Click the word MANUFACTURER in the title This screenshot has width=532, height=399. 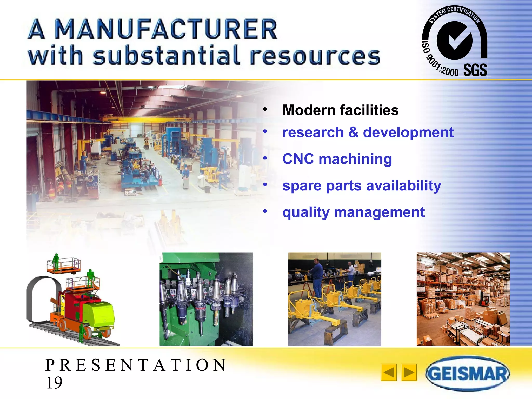pyautogui.click(x=166, y=29)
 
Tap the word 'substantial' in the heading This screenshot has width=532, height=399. pyautogui.click(x=166, y=56)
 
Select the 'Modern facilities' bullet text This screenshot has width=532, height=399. pyautogui.click(x=340, y=110)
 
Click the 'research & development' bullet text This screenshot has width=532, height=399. pyautogui.click(x=368, y=132)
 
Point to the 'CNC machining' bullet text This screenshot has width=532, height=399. pyautogui.click(x=337, y=159)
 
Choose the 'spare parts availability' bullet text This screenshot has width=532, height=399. pyautogui.click(x=362, y=186)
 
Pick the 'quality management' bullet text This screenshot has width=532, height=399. pyautogui.click(x=354, y=212)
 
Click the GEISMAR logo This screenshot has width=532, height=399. pyautogui.click(x=468, y=373)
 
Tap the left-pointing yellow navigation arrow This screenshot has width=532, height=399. pyautogui.click(x=389, y=373)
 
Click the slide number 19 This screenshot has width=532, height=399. pyautogui.click(x=54, y=383)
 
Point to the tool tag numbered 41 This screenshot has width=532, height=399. pyautogui.click(x=173, y=292)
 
